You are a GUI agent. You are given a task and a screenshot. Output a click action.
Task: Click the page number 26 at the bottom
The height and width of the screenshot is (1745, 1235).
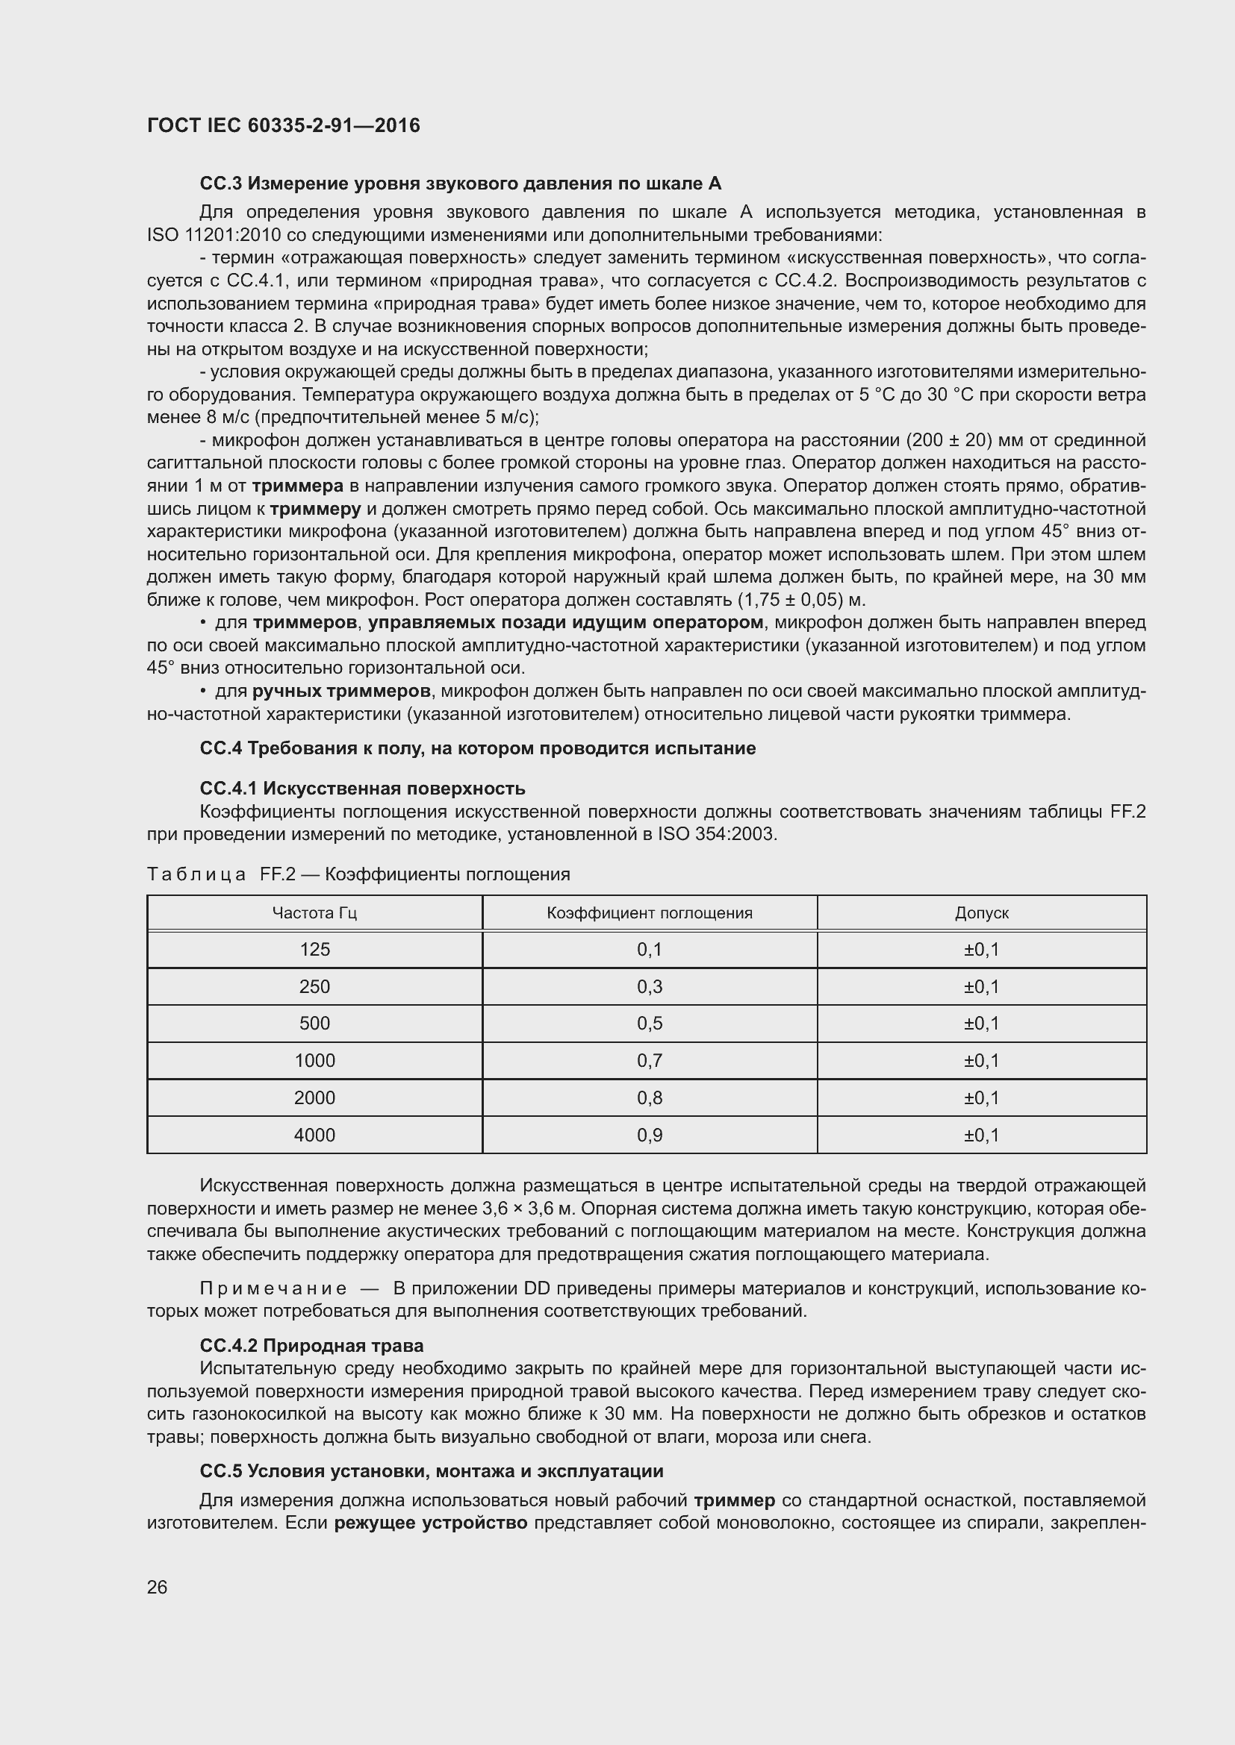[x=157, y=1586]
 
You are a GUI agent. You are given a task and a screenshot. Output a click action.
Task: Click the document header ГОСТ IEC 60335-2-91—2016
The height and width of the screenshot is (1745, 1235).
[x=283, y=125]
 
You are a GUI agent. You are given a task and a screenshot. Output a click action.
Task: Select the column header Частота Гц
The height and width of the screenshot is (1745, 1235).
[x=314, y=912]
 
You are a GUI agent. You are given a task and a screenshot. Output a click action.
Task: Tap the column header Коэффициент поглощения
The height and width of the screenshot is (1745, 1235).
[x=649, y=912]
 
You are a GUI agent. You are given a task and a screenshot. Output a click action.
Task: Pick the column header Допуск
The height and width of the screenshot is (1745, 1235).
[x=981, y=912]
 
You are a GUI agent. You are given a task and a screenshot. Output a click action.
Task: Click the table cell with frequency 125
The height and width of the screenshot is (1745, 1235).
[x=314, y=949]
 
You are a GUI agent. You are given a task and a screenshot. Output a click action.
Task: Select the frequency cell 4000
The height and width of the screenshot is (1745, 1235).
[x=314, y=1135]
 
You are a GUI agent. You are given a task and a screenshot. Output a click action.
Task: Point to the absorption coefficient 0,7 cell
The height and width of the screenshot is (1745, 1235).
[x=649, y=1060]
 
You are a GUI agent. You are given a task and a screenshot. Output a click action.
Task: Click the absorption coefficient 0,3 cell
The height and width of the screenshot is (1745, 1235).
[x=649, y=986]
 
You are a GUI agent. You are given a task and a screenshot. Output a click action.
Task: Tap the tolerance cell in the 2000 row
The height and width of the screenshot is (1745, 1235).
[x=981, y=1097]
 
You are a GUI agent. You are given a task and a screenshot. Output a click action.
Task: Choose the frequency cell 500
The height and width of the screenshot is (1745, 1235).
[x=314, y=1023]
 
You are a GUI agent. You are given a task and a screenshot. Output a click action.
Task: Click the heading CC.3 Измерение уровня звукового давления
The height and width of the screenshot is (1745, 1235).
[x=460, y=184]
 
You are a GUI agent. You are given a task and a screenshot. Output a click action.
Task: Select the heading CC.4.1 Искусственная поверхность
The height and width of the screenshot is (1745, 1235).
[x=362, y=788]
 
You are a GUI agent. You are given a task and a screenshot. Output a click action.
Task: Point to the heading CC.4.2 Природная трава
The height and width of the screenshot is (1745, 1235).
[x=311, y=1346]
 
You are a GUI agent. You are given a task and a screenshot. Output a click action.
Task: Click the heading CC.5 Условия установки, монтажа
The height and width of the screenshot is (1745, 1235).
[x=431, y=1470]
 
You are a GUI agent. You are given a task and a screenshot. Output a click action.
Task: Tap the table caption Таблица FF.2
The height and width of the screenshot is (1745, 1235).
[x=358, y=874]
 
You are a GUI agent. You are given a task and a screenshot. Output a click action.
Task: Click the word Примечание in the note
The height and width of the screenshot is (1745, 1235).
[x=273, y=1289]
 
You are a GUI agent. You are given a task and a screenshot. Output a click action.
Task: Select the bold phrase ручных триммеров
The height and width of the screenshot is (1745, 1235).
[x=341, y=691]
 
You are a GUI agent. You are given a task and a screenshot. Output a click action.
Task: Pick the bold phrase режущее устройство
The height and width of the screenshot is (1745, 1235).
[x=430, y=1523]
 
